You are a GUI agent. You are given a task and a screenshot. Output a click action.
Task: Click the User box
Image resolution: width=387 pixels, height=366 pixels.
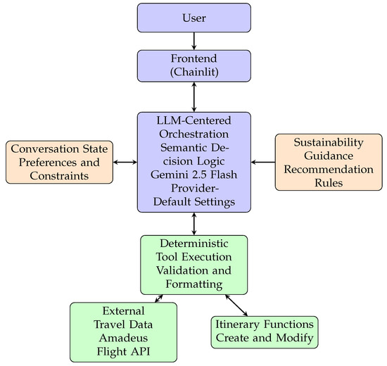194,18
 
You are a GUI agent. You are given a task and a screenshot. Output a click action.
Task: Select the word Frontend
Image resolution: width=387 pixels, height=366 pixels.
194,58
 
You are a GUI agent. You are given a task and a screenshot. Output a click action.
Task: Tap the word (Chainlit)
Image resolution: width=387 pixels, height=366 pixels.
194,72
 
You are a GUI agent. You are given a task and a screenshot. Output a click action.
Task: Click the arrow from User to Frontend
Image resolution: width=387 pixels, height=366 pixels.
194,42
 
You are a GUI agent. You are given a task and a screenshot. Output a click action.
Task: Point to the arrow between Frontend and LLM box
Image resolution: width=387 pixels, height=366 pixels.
194,97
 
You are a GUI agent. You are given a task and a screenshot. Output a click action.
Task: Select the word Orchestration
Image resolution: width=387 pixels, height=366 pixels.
194,134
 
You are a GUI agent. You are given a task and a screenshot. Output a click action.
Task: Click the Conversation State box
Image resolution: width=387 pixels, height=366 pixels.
60,163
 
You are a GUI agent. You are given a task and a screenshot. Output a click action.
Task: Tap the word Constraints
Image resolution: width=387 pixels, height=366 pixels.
60,175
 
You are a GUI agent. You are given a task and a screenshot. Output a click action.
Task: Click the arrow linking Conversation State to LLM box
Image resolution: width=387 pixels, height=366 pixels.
125,163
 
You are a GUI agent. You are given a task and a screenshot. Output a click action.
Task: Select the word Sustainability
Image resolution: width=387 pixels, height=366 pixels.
329,142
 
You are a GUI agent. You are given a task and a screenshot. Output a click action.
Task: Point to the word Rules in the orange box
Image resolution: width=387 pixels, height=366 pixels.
329,183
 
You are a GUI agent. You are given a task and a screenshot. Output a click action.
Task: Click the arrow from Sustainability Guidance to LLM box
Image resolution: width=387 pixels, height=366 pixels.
263,163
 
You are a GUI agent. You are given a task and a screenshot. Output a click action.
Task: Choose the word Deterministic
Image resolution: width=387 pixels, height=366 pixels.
194,244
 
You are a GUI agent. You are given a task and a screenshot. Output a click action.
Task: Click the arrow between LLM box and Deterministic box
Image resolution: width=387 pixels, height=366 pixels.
194,224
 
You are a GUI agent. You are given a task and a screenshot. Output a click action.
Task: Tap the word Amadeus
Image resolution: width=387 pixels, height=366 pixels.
123,338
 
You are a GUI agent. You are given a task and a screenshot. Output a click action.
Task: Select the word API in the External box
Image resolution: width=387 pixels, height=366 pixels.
141,351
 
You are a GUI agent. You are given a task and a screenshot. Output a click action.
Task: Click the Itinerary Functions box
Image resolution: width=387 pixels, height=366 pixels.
265,332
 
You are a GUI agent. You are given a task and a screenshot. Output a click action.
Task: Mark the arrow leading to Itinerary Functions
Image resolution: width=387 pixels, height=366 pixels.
236,305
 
